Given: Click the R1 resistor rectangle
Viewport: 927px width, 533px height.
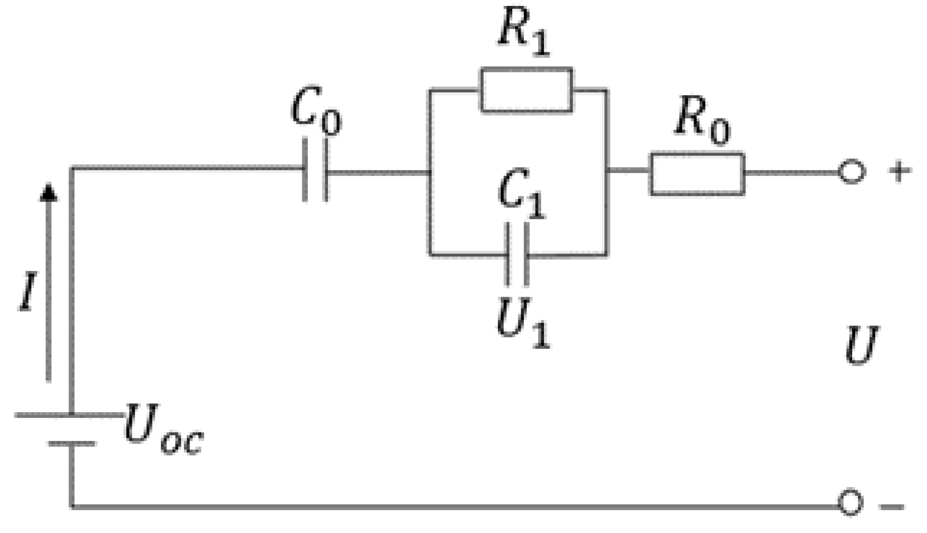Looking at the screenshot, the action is (526, 91).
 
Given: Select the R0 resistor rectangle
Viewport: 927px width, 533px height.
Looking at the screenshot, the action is (697, 174).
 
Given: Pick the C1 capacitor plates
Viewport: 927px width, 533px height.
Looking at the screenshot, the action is (517, 255).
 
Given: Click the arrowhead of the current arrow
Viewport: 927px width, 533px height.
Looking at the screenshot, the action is (48, 192).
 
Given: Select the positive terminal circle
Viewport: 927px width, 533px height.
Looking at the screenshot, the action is (851, 172).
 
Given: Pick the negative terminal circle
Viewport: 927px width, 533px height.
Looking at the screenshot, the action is (850, 503).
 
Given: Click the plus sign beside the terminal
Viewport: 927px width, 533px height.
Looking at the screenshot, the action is (899, 171).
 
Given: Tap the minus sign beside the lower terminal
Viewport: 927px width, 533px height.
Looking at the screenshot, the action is (892, 507).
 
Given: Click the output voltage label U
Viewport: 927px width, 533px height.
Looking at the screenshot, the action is (861, 345).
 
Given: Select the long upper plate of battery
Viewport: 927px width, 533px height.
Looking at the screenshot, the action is (69, 414).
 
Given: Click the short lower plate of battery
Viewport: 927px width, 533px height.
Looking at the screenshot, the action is (72, 443).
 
